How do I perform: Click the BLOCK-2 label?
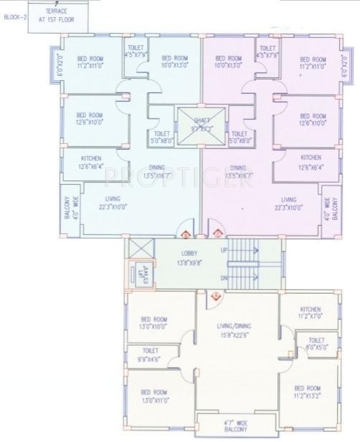point(14,17)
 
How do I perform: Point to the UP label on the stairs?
point(224,250)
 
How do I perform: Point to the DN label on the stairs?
point(224,277)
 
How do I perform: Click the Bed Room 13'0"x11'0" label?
point(154,396)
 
